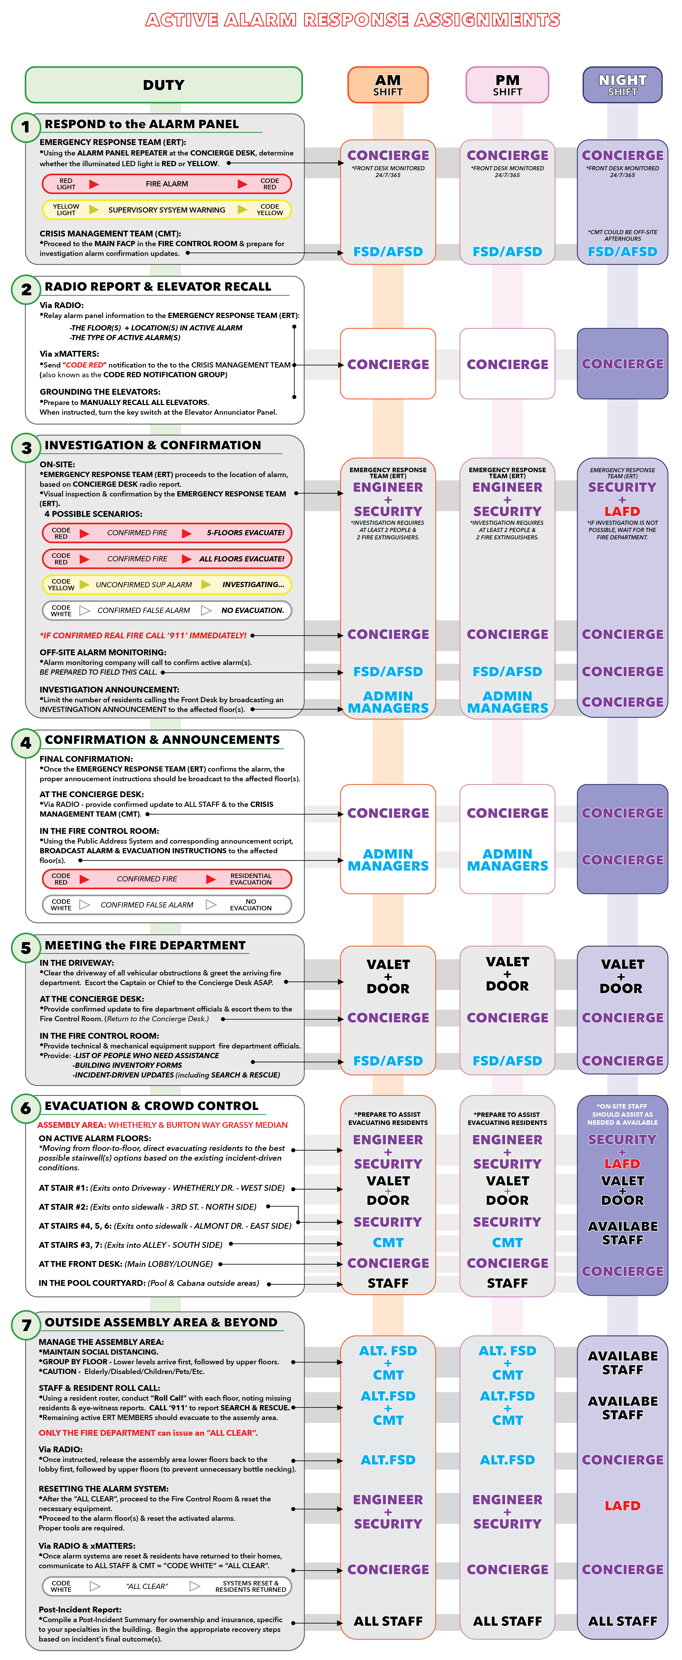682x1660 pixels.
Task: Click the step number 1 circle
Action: (26, 127)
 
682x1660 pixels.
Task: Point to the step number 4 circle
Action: (26, 743)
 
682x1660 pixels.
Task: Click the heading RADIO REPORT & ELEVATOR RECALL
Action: (158, 287)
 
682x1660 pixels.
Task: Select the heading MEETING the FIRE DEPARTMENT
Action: (145, 945)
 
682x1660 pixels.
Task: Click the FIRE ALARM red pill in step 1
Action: (167, 184)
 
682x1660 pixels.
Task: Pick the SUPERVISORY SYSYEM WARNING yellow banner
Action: (167, 209)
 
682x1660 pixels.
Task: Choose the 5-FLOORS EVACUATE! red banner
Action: (167, 533)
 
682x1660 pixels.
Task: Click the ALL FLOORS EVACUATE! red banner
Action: (167, 559)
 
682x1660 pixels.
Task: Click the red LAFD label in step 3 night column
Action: (622, 511)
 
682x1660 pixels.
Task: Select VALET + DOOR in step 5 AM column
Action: (388, 976)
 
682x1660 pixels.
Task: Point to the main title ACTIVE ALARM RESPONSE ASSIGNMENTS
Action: (353, 20)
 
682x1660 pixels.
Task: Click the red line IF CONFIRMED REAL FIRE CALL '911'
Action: (143, 635)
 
